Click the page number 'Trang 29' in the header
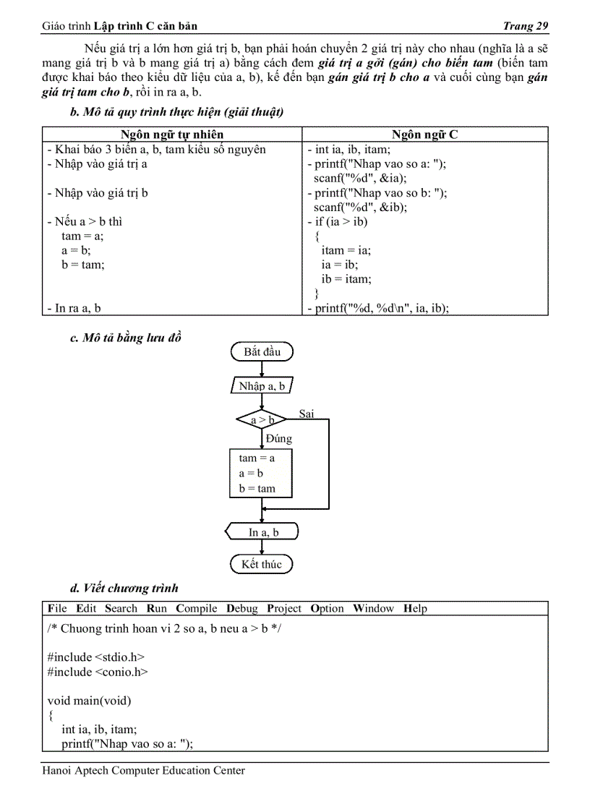[525, 27]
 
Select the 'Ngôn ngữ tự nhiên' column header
[171, 134]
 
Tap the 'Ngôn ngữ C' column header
[424, 134]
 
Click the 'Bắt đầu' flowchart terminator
[262, 352]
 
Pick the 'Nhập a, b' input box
[262, 386]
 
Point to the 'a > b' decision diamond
[262, 419]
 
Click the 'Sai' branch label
[307, 414]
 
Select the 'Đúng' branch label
[279, 439]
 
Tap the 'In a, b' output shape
[263, 532]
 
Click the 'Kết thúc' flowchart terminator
[262, 564]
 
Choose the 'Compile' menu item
[197, 609]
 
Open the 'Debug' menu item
[241, 609]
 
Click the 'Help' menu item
[415, 609]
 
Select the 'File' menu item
[57, 609]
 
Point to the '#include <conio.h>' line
[98, 672]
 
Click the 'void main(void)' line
[90, 701]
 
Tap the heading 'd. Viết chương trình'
[124, 588]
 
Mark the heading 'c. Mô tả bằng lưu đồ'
[125, 338]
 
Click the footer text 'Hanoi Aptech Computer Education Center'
[143, 771]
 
